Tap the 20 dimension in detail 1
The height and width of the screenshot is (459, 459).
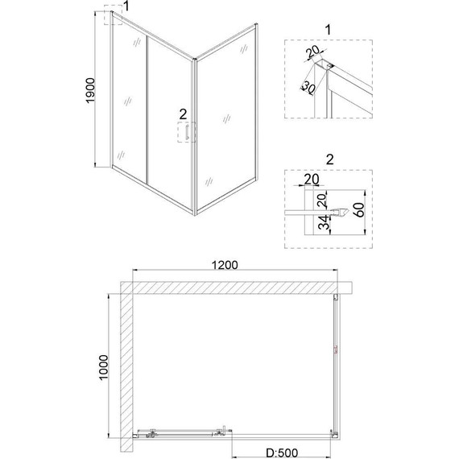coord(313,56)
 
